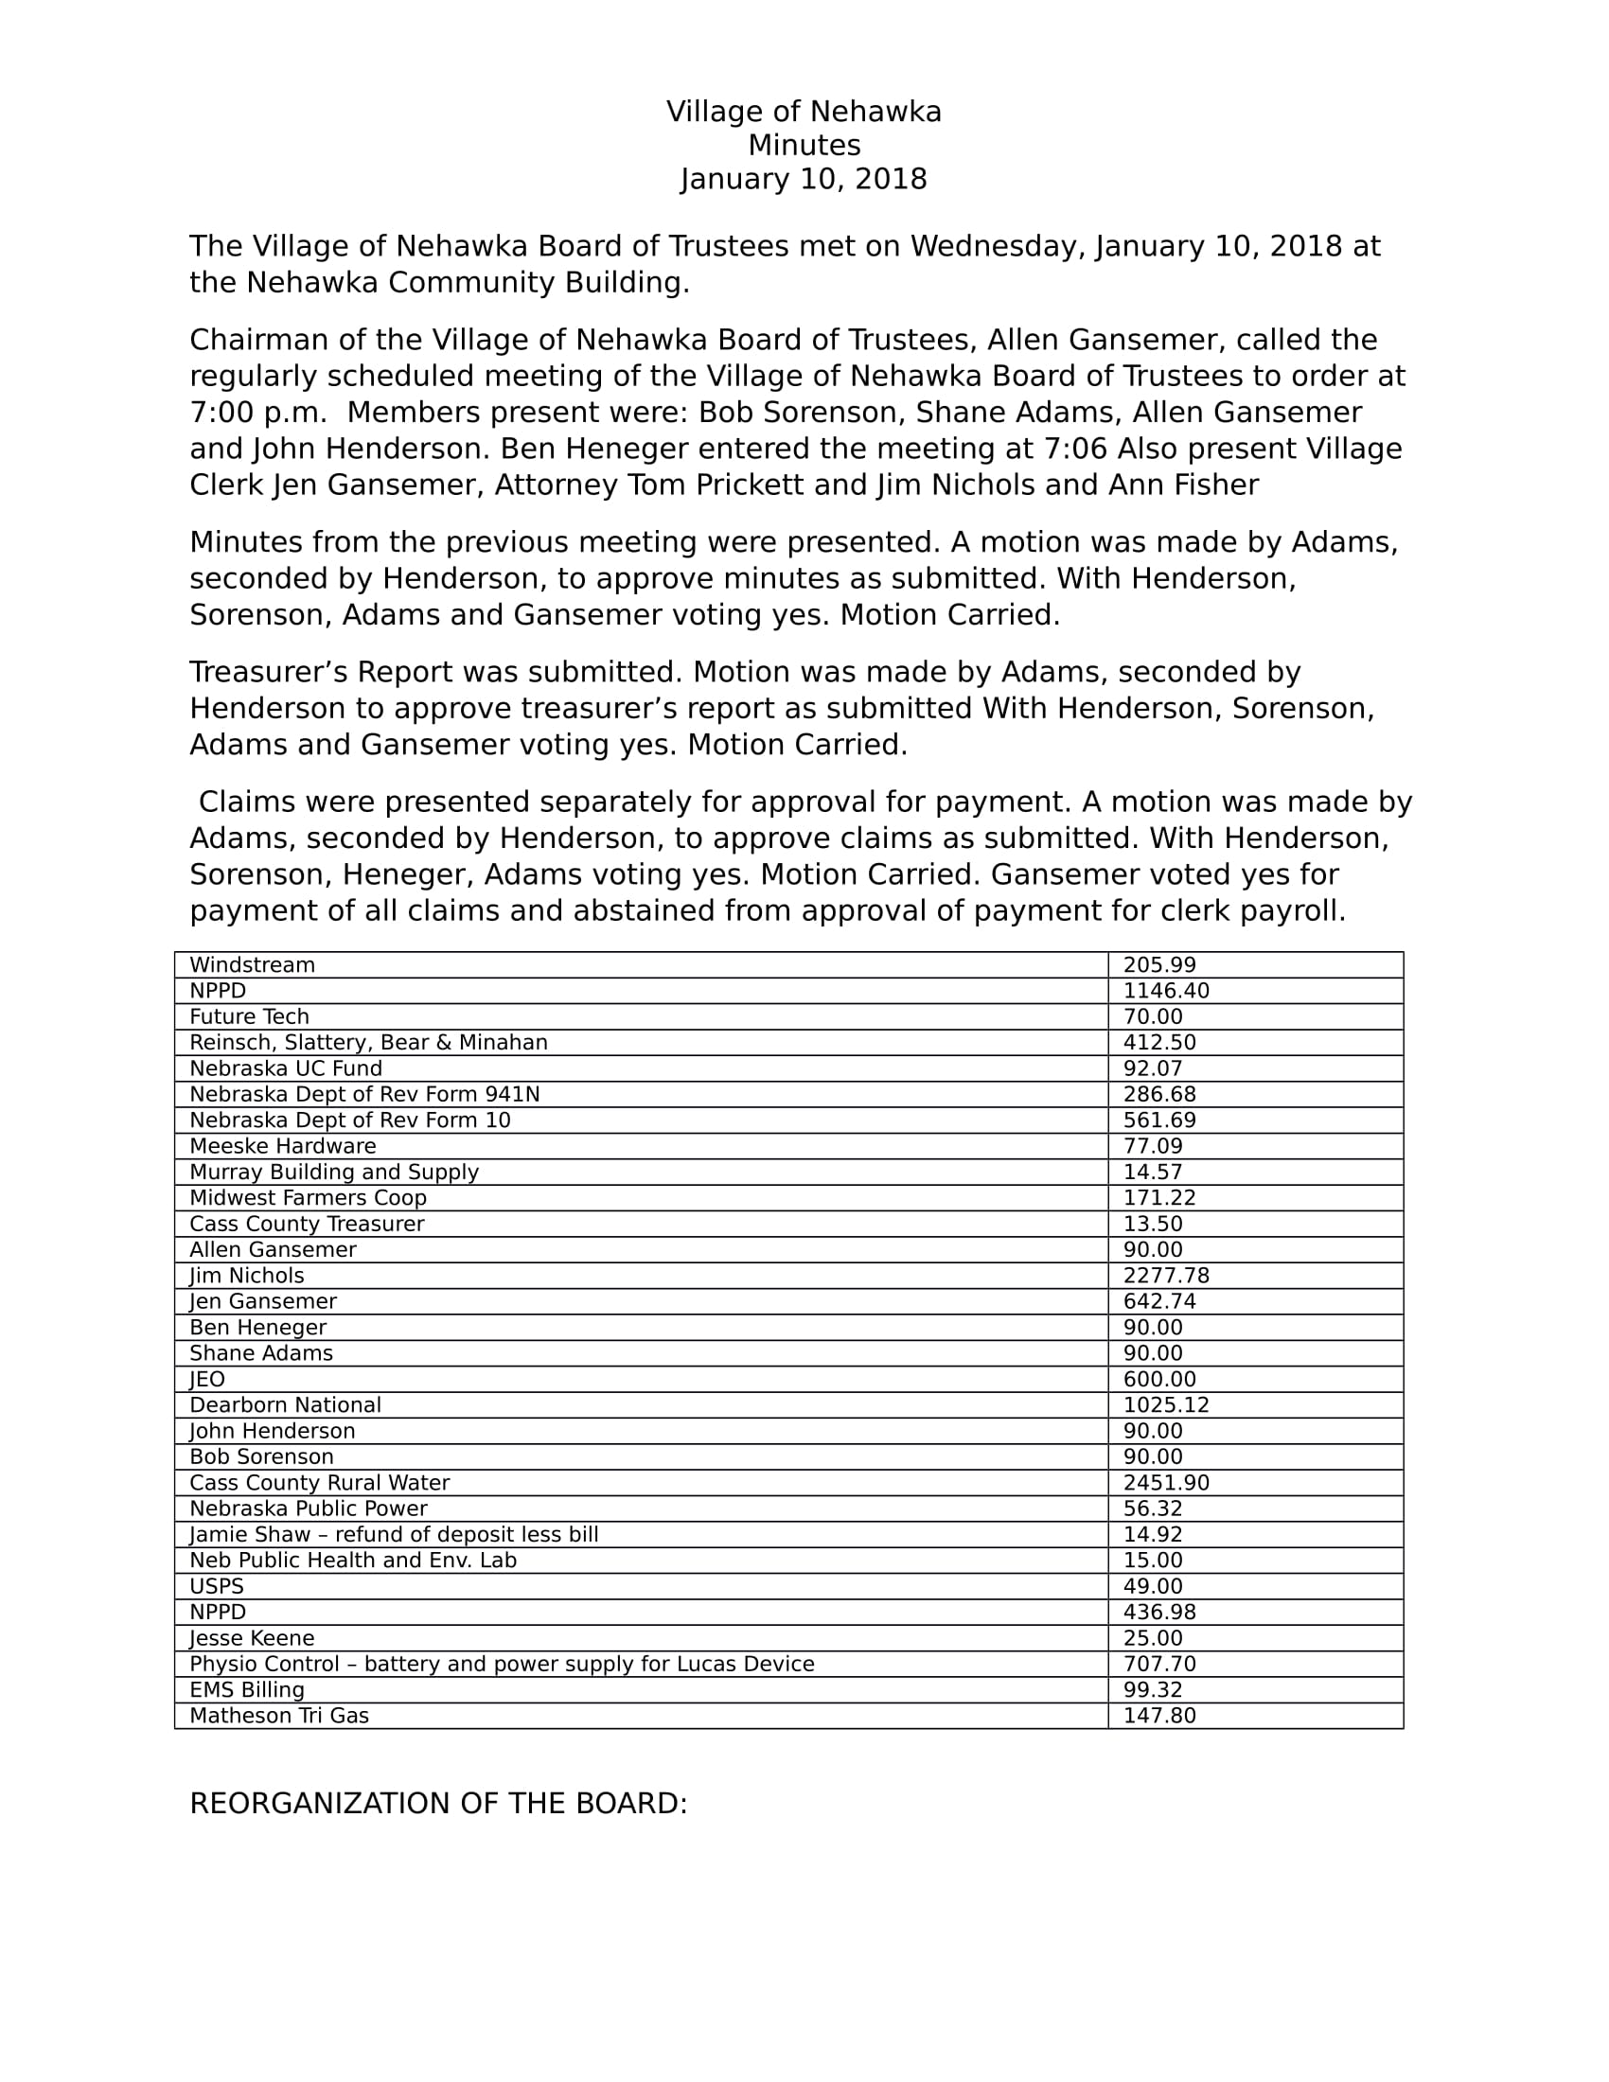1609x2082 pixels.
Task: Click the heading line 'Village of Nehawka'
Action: click(804, 113)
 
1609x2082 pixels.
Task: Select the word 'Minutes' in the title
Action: click(804, 146)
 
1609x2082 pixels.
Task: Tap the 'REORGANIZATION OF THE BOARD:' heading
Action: click(438, 1804)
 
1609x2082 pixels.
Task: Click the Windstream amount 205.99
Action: click(1159, 964)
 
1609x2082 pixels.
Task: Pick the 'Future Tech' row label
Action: click(249, 1016)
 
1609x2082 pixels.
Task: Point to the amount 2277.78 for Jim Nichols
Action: click(1166, 1276)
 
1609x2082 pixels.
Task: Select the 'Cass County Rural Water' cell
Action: click(319, 1482)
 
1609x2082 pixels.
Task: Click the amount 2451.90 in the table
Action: click(1166, 1482)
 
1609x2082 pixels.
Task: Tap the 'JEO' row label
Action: click(207, 1380)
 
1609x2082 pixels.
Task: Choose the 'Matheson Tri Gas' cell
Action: click(279, 1716)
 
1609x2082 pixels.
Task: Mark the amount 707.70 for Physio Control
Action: click(1159, 1664)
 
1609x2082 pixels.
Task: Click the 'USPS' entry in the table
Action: click(217, 1586)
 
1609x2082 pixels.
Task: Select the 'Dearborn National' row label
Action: click(285, 1405)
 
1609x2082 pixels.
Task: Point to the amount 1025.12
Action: click(1166, 1405)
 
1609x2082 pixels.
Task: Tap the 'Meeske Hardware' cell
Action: click(282, 1146)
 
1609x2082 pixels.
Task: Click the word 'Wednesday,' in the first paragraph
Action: click(998, 247)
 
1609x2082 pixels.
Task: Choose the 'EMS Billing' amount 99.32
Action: click(1153, 1689)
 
